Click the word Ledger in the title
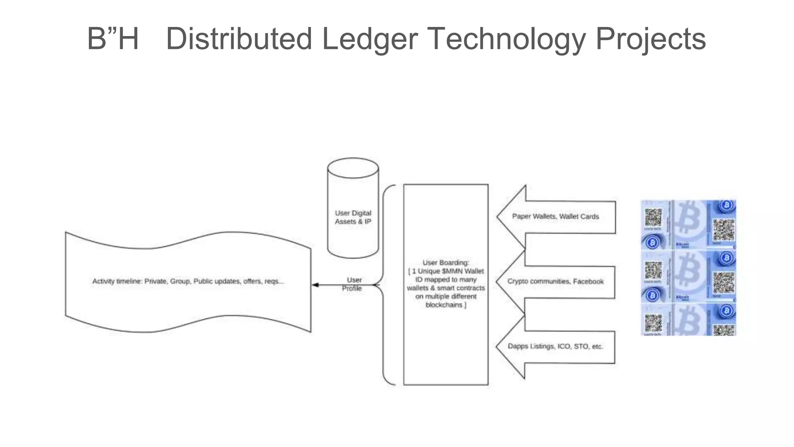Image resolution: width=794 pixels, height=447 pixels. pyautogui.click(x=369, y=39)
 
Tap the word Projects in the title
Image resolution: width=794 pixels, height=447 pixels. pyautogui.click(x=651, y=39)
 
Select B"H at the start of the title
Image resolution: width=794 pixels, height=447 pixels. pyautogui.click(x=113, y=39)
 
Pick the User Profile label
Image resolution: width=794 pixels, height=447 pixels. pyautogui.click(x=353, y=284)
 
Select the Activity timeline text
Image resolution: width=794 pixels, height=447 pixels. pyautogui.click(x=188, y=281)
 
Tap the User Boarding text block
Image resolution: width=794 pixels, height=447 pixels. pyautogui.click(x=445, y=284)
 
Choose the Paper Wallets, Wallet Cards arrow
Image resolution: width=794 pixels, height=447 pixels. pyautogui.click(x=555, y=217)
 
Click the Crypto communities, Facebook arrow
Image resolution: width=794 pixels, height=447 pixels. pyautogui.click(x=555, y=281)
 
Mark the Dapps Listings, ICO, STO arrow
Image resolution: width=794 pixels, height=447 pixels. pyautogui.click(x=555, y=346)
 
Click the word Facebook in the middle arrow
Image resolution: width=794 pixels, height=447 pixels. pyautogui.click(x=588, y=281)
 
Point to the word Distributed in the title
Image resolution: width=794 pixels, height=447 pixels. pyautogui.click(x=239, y=39)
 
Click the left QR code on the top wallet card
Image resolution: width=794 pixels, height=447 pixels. pyautogui.click(x=653, y=217)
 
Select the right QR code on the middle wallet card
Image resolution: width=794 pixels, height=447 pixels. pyautogui.click(x=723, y=282)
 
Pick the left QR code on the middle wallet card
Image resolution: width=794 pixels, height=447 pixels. pyautogui.click(x=653, y=270)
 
